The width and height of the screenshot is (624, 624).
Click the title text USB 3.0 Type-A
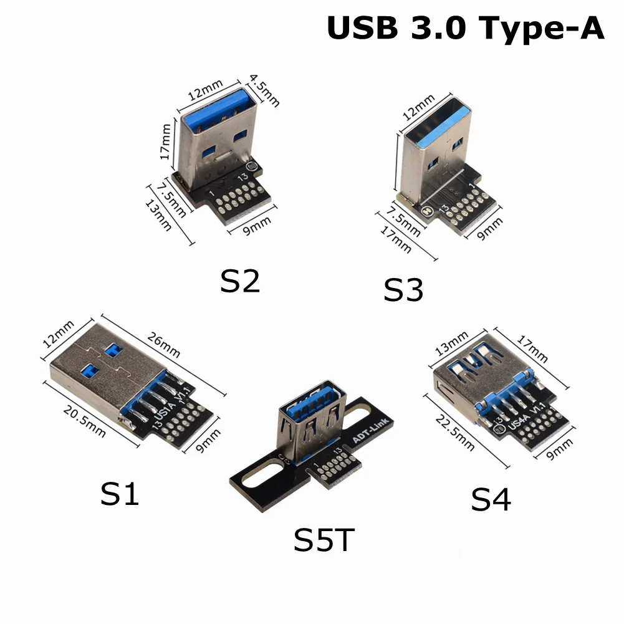click(x=465, y=29)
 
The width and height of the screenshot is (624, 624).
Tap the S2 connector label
click(x=240, y=282)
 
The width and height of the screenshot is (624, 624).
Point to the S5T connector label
click(x=324, y=540)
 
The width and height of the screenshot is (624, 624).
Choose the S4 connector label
click(x=491, y=499)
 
